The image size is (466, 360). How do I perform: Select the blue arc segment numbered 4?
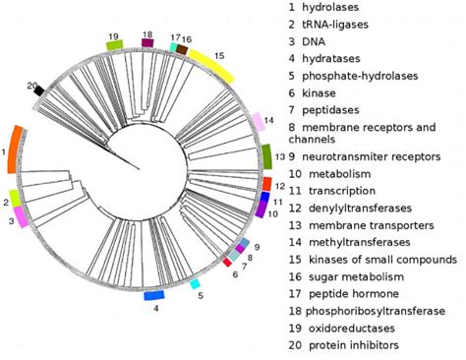pyautogui.click(x=153, y=295)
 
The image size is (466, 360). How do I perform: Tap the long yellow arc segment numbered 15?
pyautogui.click(x=211, y=65)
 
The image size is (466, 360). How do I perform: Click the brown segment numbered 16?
pyautogui.click(x=182, y=49)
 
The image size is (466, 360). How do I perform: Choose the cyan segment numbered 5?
pyautogui.click(x=195, y=284)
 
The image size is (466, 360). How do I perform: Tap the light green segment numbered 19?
pyautogui.click(x=114, y=45)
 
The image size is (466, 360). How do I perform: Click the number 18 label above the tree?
pyautogui.click(x=146, y=34)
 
